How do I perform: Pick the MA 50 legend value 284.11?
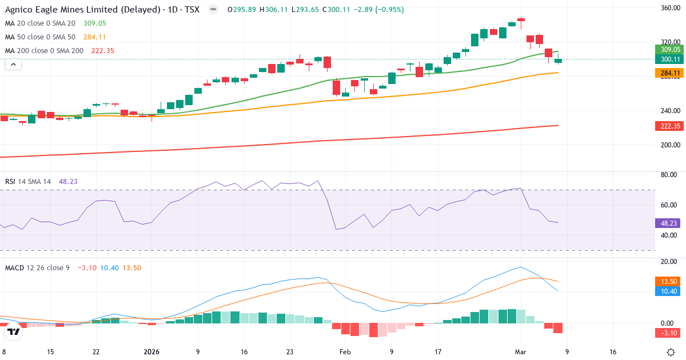[91, 37]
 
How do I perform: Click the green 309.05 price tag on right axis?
[669, 50]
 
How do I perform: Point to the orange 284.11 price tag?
[669, 73]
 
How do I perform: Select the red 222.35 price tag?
[669, 126]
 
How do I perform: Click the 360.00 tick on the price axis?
[669, 8]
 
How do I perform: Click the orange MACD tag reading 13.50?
[669, 282]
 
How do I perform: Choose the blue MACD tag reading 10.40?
[669, 291]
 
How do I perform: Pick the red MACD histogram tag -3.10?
[669, 333]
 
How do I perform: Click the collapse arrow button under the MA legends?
[13, 65]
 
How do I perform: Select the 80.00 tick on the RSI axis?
[669, 175]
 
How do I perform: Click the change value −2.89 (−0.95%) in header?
[380, 10]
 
